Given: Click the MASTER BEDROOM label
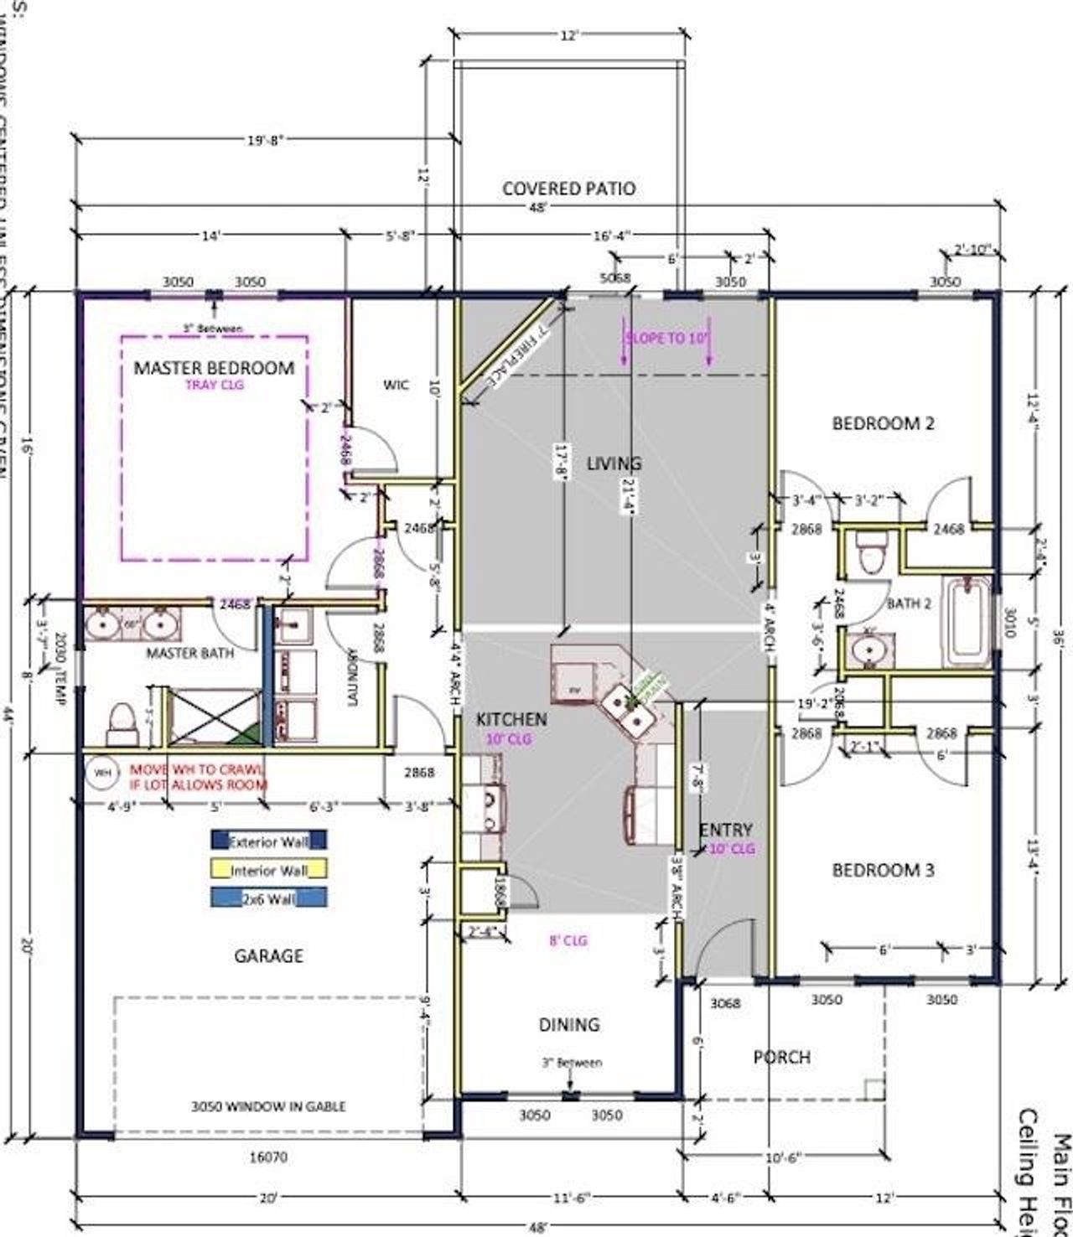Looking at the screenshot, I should click(214, 368).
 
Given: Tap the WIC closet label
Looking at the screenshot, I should click(396, 385).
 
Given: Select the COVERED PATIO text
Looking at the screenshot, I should click(568, 189).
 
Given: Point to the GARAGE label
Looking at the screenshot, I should click(268, 955).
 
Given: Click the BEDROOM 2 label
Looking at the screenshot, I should click(883, 423).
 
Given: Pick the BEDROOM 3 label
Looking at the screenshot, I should click(883, 871).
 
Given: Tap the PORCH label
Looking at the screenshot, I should click(781, 1058).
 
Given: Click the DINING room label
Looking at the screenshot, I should click(569, 1024).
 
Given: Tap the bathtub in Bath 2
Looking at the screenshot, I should click(967, 620).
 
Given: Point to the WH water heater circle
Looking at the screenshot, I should click(102, 772).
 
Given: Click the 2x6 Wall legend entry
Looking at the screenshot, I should click(268, 898).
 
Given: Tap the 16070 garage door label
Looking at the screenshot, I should click(268, 1158).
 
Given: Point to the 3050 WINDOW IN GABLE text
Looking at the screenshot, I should click(268, 1106).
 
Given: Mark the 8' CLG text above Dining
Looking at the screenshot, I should click(568, 940).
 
